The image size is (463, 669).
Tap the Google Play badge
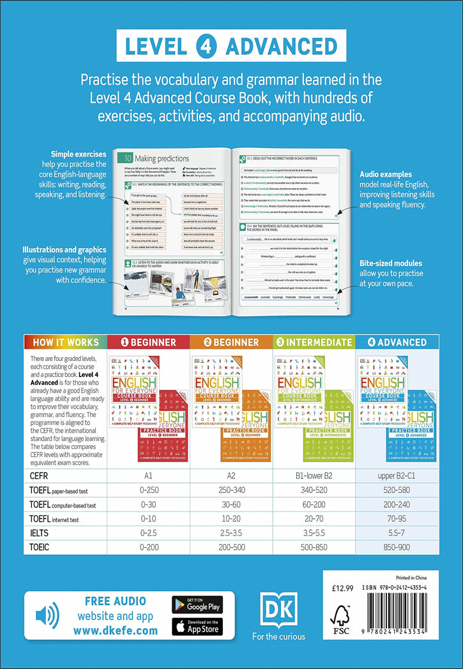(x=197, y=604)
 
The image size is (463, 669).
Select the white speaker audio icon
(x=47, y=615)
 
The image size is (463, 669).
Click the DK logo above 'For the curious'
(x=278, y=610)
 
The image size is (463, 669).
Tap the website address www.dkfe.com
(x=115, y=630)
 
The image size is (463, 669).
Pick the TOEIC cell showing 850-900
(x=397, y=547)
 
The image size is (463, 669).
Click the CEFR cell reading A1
(x=148, y=475)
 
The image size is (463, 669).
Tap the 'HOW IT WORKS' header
(x=66, y=342)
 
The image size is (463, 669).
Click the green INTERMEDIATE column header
(x=314, y=342)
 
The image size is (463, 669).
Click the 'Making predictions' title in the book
(x=160, y=158)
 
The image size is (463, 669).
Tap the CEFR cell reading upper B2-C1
(x=397, y=475)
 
